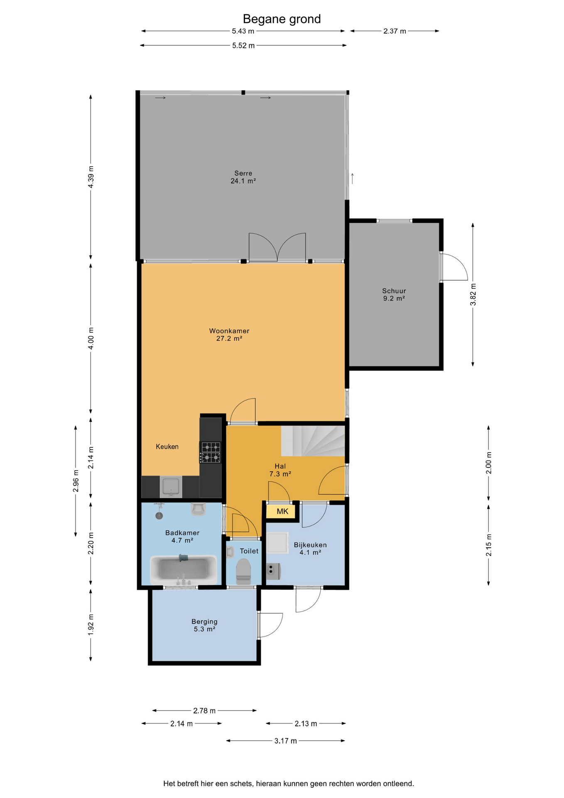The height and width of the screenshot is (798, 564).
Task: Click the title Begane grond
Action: tap(282, 19)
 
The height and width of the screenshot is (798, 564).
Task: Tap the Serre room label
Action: tap(243, 177)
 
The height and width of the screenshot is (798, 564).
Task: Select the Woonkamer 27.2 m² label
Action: tap(229, 335)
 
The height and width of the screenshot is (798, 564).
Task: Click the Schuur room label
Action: tap(394, 295)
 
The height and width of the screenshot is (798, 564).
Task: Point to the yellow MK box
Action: tap(282, 511)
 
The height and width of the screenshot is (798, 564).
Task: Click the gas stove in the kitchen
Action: tap(211, 453)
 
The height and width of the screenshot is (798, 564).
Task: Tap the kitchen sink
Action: tap(171, 487)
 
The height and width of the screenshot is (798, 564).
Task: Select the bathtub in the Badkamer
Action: tap(183, 569)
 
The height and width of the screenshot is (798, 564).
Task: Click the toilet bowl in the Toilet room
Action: tap(243, 571)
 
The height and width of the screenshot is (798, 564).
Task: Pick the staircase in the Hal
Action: tap(313, 441)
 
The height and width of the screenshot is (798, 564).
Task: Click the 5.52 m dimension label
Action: tap(243, 46)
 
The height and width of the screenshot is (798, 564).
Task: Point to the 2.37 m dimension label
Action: tap(395, 31)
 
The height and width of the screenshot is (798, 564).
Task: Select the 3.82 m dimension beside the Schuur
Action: tap(473, 294)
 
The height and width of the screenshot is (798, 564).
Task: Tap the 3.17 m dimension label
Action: tap(285, 741)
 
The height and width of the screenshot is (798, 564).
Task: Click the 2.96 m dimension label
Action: tap(76, 481)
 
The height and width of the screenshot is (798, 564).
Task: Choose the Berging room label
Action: tap(204, 625)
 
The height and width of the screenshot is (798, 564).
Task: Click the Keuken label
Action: tap(167, 446)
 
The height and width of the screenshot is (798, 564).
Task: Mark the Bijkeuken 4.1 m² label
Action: tap(310, 548)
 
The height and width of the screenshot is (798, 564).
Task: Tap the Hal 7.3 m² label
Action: tap(280, 470)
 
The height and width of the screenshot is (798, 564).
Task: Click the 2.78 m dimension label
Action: tap(204, 711)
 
